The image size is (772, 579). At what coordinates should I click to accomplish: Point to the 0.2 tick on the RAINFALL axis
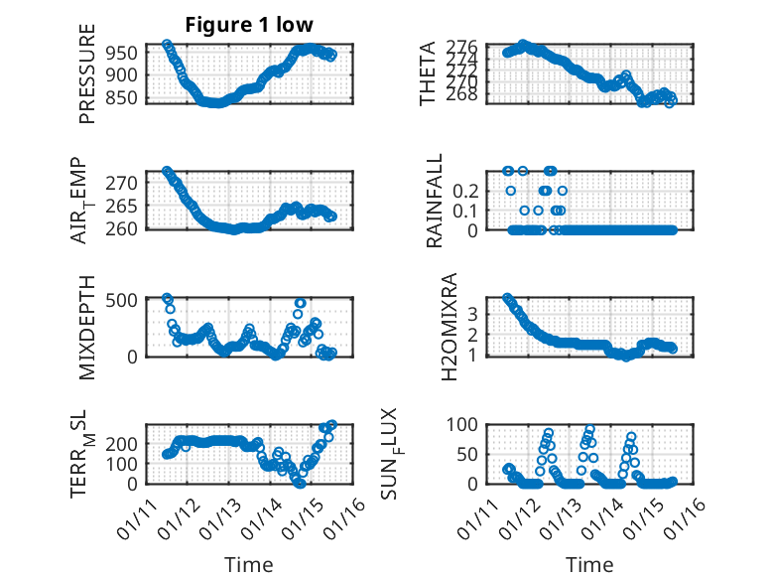pos(466,190)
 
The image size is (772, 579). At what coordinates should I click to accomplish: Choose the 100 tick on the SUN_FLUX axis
pos(466,424)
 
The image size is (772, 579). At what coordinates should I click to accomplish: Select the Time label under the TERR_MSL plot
pos(248,565)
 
